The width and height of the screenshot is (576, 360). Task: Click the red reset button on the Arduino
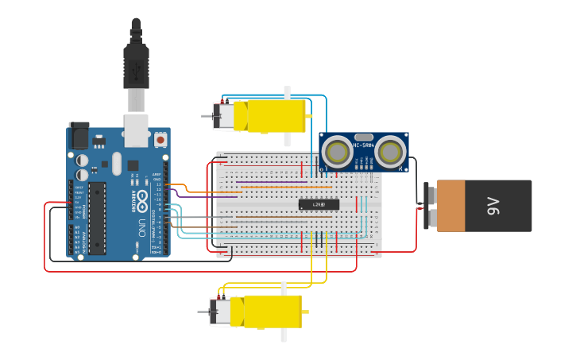[160, 140]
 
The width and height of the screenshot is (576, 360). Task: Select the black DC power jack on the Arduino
[79, 136]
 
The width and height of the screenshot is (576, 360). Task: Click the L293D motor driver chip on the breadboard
[319, 204]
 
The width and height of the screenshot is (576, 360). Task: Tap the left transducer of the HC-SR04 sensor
[338, 152]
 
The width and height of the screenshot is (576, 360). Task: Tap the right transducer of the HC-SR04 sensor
[391, 152]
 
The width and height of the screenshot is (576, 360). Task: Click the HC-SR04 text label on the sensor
[363, 145]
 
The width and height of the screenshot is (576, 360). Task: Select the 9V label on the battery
[493, 207]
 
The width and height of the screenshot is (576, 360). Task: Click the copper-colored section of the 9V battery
[450, 206]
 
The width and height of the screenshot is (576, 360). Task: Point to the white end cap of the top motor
[223, 116]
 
